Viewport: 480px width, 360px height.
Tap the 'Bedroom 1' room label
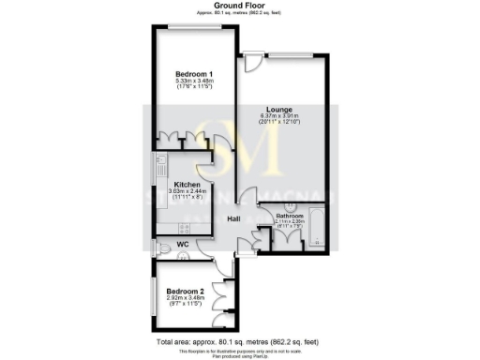coord(195,74)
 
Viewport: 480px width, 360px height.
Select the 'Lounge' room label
coord(279,108)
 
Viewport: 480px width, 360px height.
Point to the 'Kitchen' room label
coord(187,185)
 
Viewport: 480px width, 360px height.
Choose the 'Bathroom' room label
coord(290,215)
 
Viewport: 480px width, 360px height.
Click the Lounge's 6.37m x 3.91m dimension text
coord(279,115)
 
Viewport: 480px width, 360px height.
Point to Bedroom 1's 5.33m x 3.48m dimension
coord(195,82)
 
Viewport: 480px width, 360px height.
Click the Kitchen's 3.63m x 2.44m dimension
coord(187,192)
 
